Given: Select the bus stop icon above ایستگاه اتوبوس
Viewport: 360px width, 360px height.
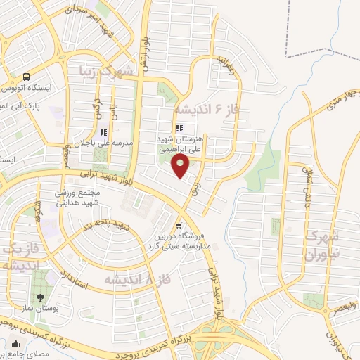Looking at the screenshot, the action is [26, 77].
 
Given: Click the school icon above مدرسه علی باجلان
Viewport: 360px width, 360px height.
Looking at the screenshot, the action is [104, 131].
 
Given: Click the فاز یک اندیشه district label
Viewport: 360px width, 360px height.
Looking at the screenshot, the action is [19, 257].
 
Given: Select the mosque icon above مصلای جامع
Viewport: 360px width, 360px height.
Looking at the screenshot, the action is [15, 345].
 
